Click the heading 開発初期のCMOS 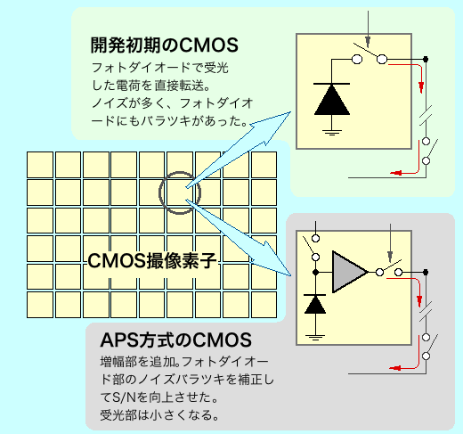point(164,45)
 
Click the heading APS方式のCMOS point(176,340)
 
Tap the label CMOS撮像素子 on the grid point(151,260)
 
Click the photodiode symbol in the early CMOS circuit point(332,99)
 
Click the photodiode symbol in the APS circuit point(315,304)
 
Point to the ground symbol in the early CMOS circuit point(332,132)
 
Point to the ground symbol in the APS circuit point(315,338)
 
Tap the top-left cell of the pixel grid point(40,165)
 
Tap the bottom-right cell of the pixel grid point(264,305)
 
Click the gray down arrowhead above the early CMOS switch point(368,41)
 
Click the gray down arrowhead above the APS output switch point(390,257)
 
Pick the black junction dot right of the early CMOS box point(426,59)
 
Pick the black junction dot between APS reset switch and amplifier point(316,272)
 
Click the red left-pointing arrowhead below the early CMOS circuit point(396,173)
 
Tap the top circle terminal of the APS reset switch point(316,238)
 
